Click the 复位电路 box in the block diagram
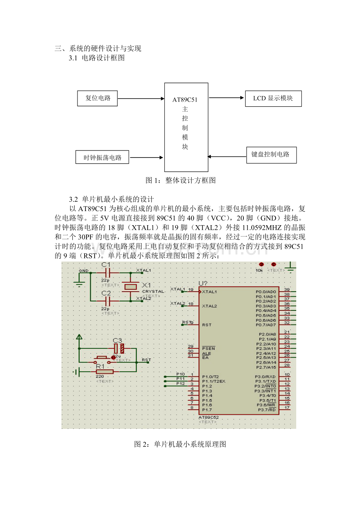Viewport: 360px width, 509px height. click(97, 98)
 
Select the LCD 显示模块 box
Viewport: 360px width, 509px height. click(273, 99)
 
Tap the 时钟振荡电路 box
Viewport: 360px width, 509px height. click(103, 158)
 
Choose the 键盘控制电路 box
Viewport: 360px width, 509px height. click(271, 155)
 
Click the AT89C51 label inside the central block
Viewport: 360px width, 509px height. click(185, 100)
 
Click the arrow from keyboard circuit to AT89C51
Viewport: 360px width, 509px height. click(227, 157)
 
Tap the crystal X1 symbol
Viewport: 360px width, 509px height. click(130, 287)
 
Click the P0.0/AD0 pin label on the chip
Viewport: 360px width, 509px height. click(266, 292)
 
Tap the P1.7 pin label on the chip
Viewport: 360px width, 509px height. click(207, 410)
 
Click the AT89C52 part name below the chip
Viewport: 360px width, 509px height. click(209, 418)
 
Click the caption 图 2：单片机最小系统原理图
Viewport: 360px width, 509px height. click(180, 444)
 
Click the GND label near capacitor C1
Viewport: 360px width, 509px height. click(83, 271)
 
